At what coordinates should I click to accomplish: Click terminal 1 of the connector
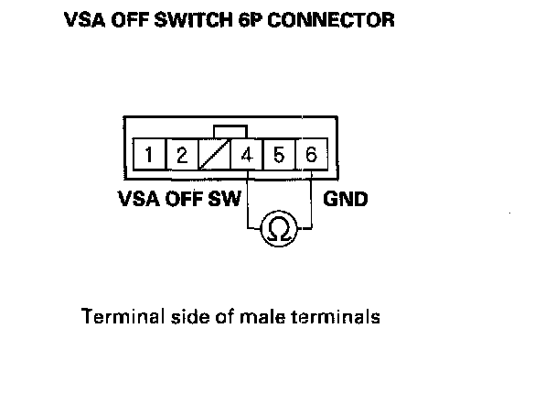coord(148,155)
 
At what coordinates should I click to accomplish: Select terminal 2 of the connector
coord(181,155)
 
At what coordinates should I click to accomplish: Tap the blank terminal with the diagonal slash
coord(214,155)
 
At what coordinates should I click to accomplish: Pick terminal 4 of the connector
coord(247,155)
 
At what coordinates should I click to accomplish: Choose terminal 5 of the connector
coord(279,155)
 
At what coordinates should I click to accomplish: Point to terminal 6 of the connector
coord(311,155)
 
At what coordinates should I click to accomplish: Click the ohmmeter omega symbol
coord(279,230)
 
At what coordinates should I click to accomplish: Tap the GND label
coord(347,198)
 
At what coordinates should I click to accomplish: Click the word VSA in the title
coord(84,19)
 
